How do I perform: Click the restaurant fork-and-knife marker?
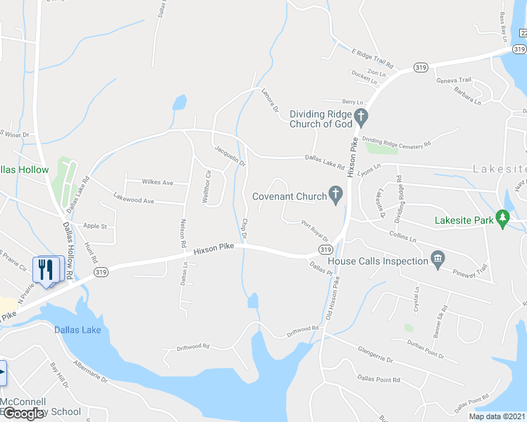(47, 269)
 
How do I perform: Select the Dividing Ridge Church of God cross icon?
(361, 115)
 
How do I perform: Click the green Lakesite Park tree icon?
(502, 219)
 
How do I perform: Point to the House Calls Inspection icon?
(438, 261)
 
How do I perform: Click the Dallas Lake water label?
(77, 330)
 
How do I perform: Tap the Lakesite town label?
(500, 169)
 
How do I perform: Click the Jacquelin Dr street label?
(230, 154)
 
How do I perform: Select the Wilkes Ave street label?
(158, 183)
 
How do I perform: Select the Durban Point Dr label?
(426, 350)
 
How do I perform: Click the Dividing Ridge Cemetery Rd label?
(396, 143)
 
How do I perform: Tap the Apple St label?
(94, 226)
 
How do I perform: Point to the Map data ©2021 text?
(497, 416)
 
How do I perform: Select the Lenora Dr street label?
(270, 102)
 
